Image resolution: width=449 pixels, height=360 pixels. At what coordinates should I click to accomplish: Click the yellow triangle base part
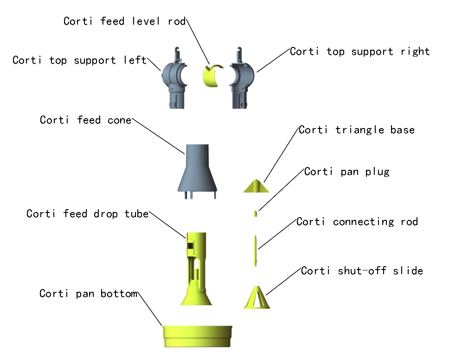point(256,186)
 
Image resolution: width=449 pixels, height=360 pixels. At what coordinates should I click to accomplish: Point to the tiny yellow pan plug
point(255,213)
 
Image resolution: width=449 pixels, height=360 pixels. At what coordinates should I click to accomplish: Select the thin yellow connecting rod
point(255,251)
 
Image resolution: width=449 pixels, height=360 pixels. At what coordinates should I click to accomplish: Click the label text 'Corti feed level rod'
point(124,21)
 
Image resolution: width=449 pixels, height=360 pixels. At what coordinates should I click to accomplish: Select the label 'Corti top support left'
point(79,60)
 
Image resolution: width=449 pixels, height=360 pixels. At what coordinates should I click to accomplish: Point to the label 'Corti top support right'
point(359,51)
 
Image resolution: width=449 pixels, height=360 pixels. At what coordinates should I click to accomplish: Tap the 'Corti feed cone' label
point(86,120)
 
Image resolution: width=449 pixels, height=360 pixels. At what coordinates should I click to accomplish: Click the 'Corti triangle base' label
point(356,130)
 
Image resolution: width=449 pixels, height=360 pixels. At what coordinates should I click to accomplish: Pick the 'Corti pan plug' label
point(346,172)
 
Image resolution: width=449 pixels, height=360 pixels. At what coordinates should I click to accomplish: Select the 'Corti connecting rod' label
point(357,222)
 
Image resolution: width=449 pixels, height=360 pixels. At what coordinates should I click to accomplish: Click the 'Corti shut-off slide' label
point(362,270)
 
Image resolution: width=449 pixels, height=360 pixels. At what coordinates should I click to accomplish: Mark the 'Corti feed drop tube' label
point(87,214)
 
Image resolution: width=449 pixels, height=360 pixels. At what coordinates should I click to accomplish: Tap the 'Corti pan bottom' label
point(88,294)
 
